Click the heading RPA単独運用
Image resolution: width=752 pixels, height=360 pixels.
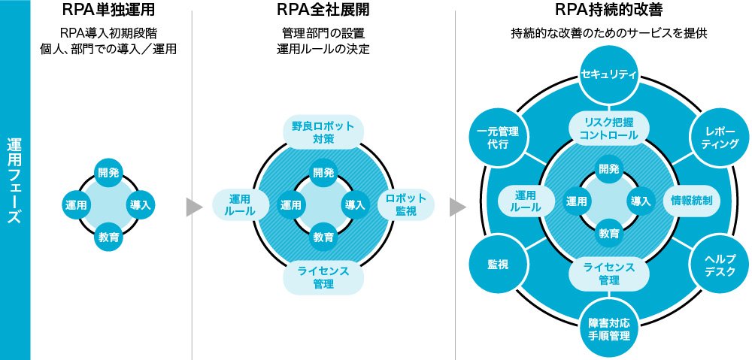point(111,13)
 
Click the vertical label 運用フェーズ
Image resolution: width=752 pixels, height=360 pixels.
point(14,180)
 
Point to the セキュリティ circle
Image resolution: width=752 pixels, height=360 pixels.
point(609,74)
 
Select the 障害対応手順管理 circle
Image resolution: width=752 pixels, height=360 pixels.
point(609,328)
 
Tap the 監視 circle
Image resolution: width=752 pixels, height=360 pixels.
point(497,265)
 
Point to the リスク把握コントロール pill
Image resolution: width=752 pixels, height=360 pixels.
point(609,129)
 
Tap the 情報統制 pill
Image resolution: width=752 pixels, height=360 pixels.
point(691,201)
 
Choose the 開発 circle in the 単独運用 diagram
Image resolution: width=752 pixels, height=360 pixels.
point(110,173)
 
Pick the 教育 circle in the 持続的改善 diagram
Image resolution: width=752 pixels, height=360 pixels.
point(609,232)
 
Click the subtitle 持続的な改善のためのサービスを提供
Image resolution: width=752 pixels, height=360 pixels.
point(608,34)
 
